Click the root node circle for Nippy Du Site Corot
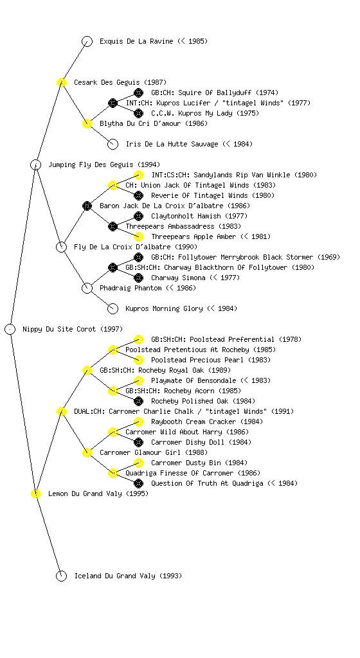[x=10, y=329]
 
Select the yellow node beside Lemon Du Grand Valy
[x=35, y=493]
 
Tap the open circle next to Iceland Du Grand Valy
[x=61, y=576]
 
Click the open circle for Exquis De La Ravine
[x=87, y=41]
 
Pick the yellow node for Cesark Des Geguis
[x=61, y=82]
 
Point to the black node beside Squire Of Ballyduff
[x=138, y=93]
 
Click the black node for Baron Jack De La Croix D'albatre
[x=87, y=206]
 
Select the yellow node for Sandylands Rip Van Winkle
[x=138, y=175]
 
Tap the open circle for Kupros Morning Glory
[x=113, y=308]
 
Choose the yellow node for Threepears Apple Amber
[x=138, y=236]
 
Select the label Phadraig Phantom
[x=130, y=288]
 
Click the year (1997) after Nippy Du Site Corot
[x=111, y=329]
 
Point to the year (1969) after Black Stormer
[x=328, y=257]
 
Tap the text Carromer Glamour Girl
[x=140, y=452]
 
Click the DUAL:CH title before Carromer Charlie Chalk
[x=89, y=411]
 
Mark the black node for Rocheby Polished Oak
[x=138, y=401]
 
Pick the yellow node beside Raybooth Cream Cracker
[x=138, y=422]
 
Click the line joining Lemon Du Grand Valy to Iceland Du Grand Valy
[x=49, y=535]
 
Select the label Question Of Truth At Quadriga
[x=207, y=483]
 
